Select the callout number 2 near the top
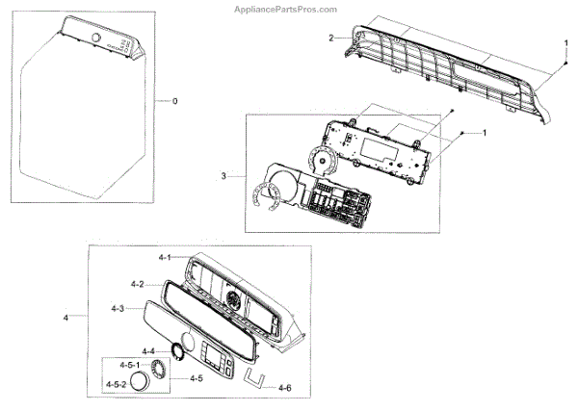pyautogui.click(x=330, y=38)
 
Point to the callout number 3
pyautogui.click(x=223, y=176)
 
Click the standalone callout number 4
pyautogui.click(x=66, y=317)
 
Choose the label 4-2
pyautogui.click(x=137, y=284)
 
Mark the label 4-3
pyautogui.click(x=118, y=308)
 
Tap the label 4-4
pyautogui.click(x=148, y=350)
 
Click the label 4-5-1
pyautogui.click(x=130, y=367)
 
